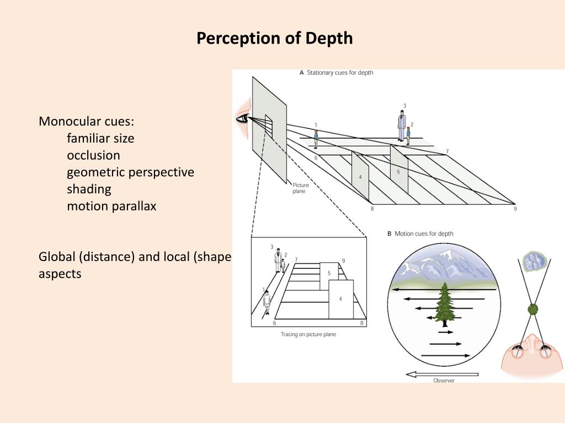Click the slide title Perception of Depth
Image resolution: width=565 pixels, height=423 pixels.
[x=275, y=39]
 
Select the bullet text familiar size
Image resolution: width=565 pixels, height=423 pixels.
[x=100, y=138]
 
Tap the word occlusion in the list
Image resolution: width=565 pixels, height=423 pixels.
[x=93, y=155]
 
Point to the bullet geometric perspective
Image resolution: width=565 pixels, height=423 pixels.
[x=130, y=172]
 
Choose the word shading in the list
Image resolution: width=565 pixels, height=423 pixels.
[x=89, y=189]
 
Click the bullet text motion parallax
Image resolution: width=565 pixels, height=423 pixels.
[x=111, y=207]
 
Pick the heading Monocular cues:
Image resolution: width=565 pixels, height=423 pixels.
[x=86, y=121]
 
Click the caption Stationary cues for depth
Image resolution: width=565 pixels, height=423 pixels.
[x=339, y=73]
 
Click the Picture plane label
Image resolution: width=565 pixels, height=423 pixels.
[x=301, y=188]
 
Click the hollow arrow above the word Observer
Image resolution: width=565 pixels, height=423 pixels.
[x=442, y=374]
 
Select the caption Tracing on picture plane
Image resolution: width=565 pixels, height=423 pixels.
[x=308, y=334]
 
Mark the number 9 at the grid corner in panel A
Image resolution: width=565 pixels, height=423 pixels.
[x=515, y=209]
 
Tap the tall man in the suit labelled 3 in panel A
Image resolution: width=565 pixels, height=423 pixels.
[x=402, y=126]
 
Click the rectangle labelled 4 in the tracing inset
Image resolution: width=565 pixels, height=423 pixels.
[x=340, y=299]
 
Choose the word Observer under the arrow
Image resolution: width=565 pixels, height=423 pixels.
[x=444, y=381]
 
